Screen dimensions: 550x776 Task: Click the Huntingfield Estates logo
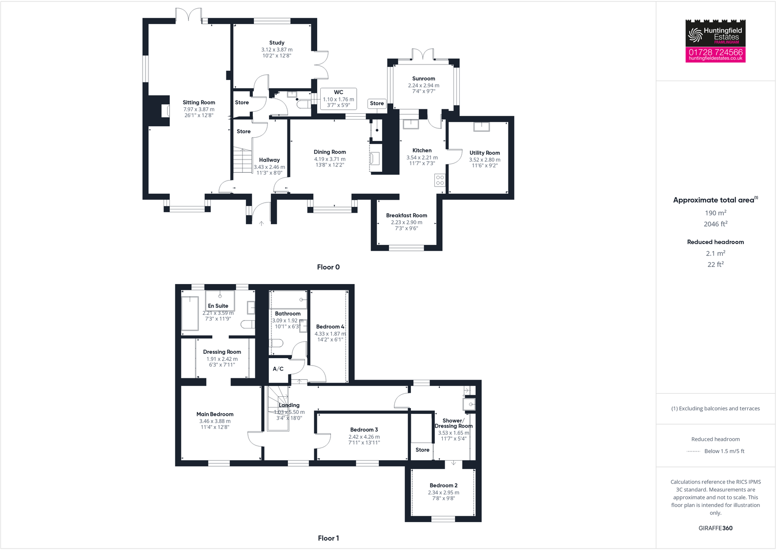715,34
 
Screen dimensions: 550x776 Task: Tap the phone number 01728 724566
715,52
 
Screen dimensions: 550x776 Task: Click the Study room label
277,43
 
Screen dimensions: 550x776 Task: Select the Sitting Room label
199,102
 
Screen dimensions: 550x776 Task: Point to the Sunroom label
423,79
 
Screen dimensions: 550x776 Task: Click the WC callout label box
338,99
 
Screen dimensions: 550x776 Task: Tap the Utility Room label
485,153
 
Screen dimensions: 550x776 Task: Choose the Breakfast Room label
407,215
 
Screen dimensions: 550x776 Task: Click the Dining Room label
329,152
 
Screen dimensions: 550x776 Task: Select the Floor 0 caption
328,267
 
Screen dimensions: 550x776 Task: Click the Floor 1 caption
328,538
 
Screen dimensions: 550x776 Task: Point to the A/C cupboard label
278,369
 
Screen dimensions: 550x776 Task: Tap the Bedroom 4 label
330,326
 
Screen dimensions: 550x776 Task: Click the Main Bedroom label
215,414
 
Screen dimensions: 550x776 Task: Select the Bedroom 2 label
443,486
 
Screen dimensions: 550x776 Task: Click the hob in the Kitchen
440,180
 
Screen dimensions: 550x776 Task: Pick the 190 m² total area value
715,213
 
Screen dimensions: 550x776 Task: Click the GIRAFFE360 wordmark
715,528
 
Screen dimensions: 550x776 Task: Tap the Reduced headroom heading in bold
715,242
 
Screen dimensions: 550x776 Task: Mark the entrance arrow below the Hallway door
262,224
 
